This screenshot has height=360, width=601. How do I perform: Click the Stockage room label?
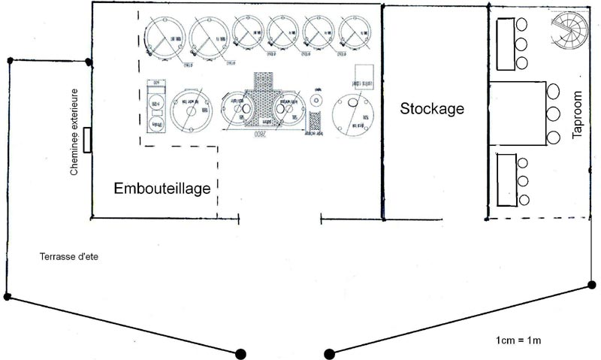point(431,108)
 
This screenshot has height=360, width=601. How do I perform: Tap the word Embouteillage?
point(162,188)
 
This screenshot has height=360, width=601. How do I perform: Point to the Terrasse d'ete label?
point(69,257)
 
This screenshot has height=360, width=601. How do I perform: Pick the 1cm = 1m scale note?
point(518,340)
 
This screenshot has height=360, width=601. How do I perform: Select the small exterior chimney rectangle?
point(88,140)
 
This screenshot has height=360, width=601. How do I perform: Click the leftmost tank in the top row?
point(164,38)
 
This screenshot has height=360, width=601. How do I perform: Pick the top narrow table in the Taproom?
point(503,42)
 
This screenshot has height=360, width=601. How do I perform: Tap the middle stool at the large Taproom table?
point(554,114)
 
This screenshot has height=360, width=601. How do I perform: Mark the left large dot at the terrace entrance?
point(241,352)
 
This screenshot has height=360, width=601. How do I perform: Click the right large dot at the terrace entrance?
point(328,352)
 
